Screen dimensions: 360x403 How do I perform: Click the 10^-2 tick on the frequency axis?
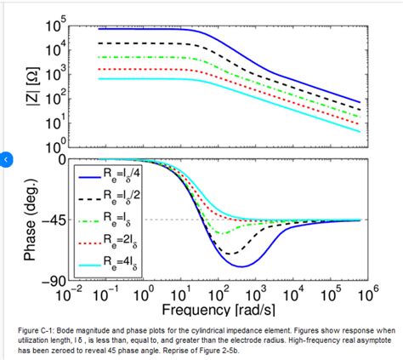click(x=68, y=294)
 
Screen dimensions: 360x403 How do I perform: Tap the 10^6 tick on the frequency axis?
click(x=367, y=294)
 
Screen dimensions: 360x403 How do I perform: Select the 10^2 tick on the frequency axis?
click(x=218, y=294)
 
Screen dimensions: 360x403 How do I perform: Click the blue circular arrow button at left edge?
click(x=5, y=159)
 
